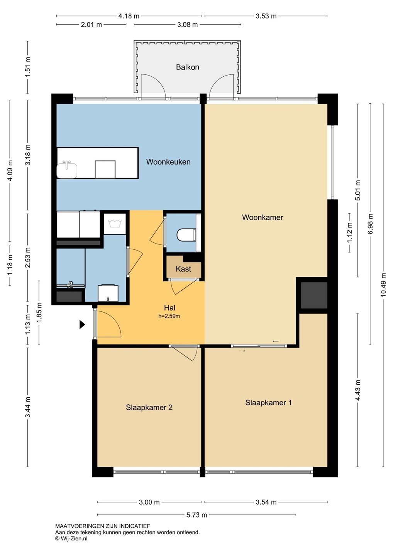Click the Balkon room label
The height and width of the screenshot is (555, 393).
pyautogui.click(x=187, y=67)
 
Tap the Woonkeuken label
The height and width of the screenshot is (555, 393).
pyautogui.click(x=168, y=162)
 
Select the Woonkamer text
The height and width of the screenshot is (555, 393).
pyautogui.click(x=263, y=217)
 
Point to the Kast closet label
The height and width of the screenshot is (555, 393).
pyautogui.click(x=183, y=269)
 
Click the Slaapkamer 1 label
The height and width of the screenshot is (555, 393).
pyautogui.click(x=268, y=402)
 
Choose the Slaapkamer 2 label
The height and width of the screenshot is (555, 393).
pyautogui.click(x=149, y=407)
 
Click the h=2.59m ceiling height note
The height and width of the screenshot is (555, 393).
pyautogui.click(x=169, y=316)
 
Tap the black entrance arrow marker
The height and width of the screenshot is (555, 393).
pyautogui.click(x=82, y=325)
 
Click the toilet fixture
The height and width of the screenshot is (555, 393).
pyautogui.click(x=186, y=234)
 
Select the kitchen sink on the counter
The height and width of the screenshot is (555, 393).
pyautogui.click(x=67, y=170)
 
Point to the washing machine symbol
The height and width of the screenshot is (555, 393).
pyautogui.click(x=115, y=224)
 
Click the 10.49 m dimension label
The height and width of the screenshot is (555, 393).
pyautogui.click(x=383, y=285)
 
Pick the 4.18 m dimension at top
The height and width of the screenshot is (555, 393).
pyautogui.click(x=129, y=16)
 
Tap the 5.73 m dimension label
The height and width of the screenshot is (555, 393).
pyautogui.click(x=196, y=515)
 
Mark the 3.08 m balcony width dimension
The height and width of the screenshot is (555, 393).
pyautogui.click(x=187, y=25)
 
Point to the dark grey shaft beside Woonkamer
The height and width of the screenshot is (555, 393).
pyautogui.click(x=314, y=295)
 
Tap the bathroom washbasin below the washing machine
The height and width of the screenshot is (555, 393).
pyautogui.click(x=108, y=293)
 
